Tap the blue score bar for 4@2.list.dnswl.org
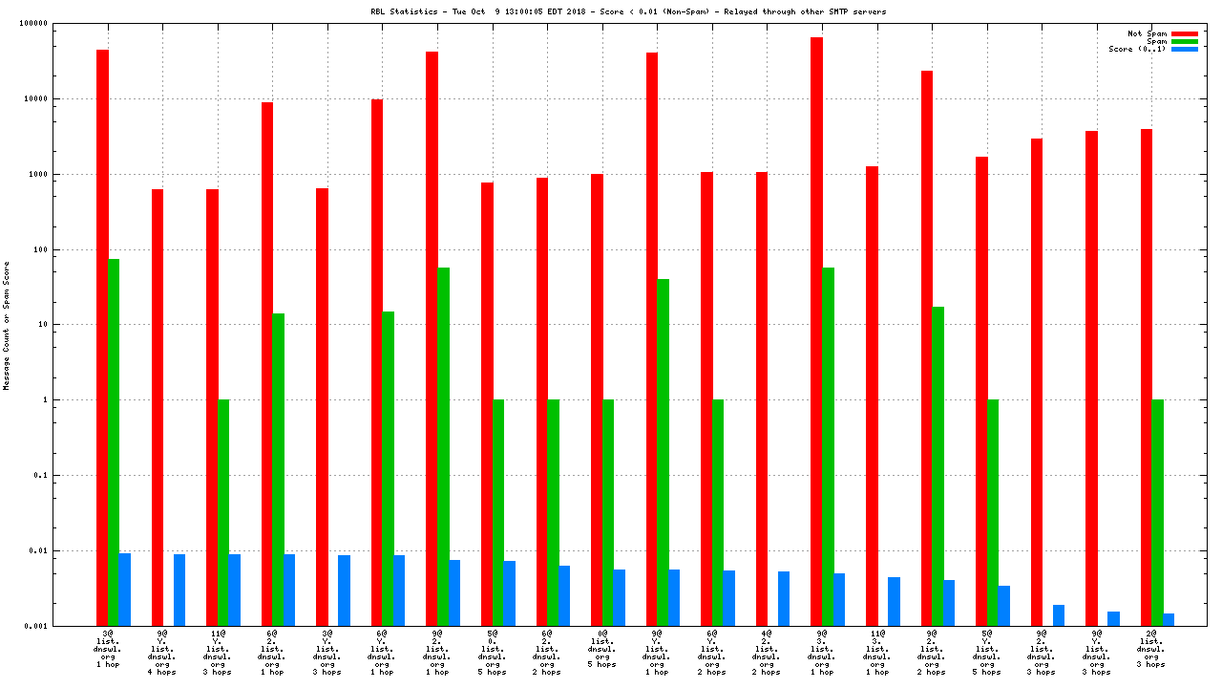pos(784,598)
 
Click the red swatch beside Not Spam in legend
pos(1184,33)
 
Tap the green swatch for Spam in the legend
pos(1184,41)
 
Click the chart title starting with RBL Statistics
pos(628,11)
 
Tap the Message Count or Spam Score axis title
pos(6,326)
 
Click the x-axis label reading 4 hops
pos(162,672)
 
